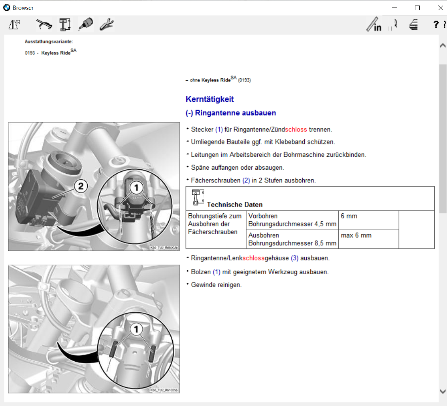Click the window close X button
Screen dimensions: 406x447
[x=440, y=8]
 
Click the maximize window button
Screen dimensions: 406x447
[x=417, y=8]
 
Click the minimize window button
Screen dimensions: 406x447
[x=394, y=8]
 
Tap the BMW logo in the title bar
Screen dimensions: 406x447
[x=7, y=8]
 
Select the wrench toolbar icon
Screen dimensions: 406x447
[x=106, y=25]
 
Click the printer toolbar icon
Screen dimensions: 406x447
[x=414, y=25]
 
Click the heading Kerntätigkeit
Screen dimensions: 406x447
[x=209, y=99]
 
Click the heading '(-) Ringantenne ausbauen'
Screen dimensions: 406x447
[x=231, y=113]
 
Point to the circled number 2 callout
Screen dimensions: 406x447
[x=81, y=186]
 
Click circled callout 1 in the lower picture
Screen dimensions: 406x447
[x=136, y=329]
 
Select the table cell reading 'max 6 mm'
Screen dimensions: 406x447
[x=356, y=235]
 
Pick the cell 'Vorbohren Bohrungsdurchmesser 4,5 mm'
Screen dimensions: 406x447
[x=292, y=220]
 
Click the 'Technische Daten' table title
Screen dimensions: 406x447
[x=234, y=205]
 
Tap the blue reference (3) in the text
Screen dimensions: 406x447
[x=295, y=258]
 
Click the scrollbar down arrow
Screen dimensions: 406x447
[x=443, y=391]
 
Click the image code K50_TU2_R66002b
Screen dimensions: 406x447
[x=164, y=248]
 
